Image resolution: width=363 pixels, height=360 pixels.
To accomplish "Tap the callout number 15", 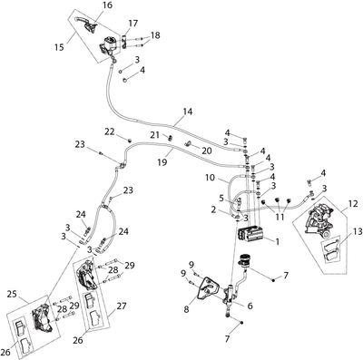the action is coord(60,47).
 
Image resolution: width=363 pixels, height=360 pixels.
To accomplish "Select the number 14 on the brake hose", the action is coord(188,112).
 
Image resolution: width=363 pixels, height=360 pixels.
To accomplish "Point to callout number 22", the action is coord(110,131).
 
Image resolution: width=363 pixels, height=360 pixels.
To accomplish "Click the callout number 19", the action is coord(162,162).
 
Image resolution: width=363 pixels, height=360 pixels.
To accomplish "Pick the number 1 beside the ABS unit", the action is coord(277,241).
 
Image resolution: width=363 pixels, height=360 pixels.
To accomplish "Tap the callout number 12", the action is coord(353,204).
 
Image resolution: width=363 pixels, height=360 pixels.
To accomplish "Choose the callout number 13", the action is coord(358,232).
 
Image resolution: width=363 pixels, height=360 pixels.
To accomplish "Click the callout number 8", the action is coord(186,309).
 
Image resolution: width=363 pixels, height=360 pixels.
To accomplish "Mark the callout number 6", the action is coord(250,306).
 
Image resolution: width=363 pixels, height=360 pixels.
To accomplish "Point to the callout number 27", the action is coord(122,306).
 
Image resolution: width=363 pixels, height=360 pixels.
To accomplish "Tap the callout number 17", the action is coord(132,24).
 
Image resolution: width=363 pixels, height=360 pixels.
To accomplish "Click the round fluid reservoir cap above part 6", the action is coord(246,258).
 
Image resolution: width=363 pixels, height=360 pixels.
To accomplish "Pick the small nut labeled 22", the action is coord(130,140).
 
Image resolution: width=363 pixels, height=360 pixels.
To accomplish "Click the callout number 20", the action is coord(207,151).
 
